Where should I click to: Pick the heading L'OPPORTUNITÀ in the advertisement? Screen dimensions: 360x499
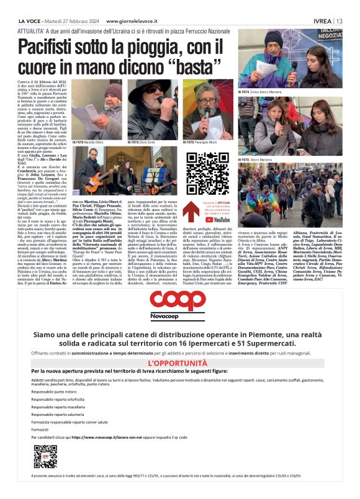pos(178,363)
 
